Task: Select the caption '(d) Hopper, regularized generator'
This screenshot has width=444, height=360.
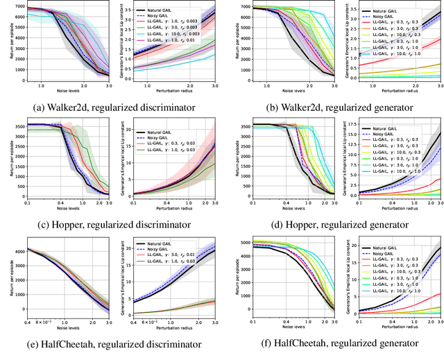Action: tap(332, 224)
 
